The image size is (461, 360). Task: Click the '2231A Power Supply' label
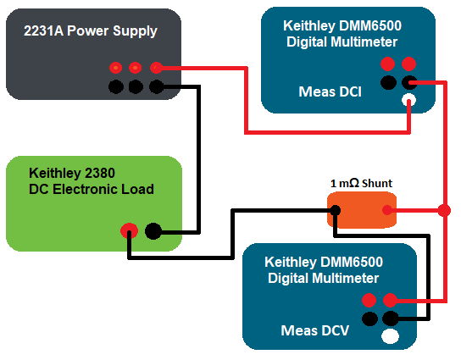92,31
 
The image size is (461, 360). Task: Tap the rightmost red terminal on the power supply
156,67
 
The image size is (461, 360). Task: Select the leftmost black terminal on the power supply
114,86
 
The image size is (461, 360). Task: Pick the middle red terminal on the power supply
135,67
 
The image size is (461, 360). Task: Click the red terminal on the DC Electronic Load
129,230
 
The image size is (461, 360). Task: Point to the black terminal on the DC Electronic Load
153,230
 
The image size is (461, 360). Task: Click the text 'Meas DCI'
331,91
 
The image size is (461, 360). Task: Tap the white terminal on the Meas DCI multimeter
409,101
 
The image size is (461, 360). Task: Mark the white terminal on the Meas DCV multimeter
390,336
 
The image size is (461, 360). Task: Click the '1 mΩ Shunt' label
361,183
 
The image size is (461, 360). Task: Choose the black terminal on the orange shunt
336,210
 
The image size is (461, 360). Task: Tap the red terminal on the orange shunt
386,210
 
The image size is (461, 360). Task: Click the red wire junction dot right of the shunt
444,210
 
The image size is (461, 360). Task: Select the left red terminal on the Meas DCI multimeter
388,64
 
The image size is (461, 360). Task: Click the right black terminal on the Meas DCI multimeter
409,82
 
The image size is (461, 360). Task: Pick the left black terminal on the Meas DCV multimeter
369,318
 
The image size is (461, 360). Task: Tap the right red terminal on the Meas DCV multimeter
390,300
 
